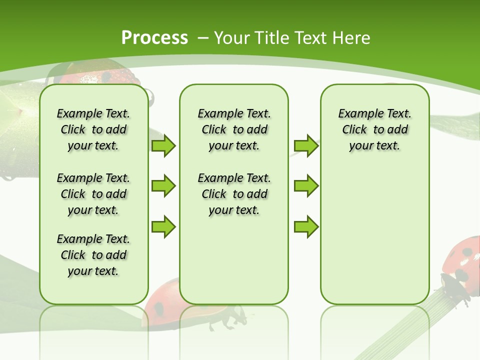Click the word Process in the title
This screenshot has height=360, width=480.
click(154, 37)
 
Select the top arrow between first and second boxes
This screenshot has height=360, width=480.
click(163, 145)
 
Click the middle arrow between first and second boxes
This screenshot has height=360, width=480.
click(163, 186)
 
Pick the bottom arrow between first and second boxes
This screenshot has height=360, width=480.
click(163, 226)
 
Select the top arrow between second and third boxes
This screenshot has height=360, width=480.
click(306, 145)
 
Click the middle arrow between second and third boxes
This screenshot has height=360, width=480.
click(306, 186)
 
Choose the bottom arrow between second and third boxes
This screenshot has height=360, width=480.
click(306, 226)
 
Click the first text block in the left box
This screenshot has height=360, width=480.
click(93, 129)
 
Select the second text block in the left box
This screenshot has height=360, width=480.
click(93, 194)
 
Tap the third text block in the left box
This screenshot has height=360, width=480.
click(93, 255)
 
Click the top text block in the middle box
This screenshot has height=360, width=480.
click(234, 129)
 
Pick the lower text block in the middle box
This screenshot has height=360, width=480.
click(234, 194)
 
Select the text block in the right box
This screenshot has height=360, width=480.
click(374, 129)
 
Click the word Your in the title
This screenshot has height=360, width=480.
click(232, 38)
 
